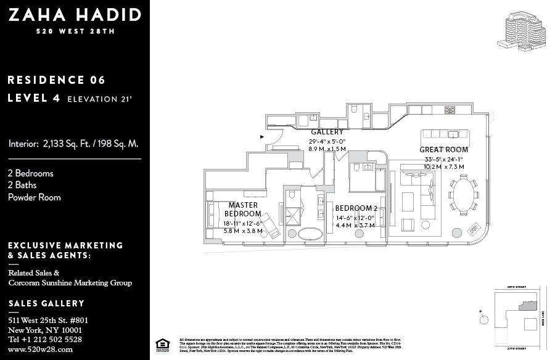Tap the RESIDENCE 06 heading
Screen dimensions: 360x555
[56, 80]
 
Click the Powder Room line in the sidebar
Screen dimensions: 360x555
[35, 197]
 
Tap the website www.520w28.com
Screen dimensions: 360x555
[40, 349]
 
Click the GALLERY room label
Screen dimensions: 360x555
[327, 132]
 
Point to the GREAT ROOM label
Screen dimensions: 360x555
[443, 150]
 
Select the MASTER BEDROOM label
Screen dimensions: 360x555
[243, 209]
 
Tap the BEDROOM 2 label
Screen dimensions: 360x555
[356, 208]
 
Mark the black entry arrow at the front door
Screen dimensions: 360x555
[263, 136]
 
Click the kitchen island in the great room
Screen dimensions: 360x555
[445, 134]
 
